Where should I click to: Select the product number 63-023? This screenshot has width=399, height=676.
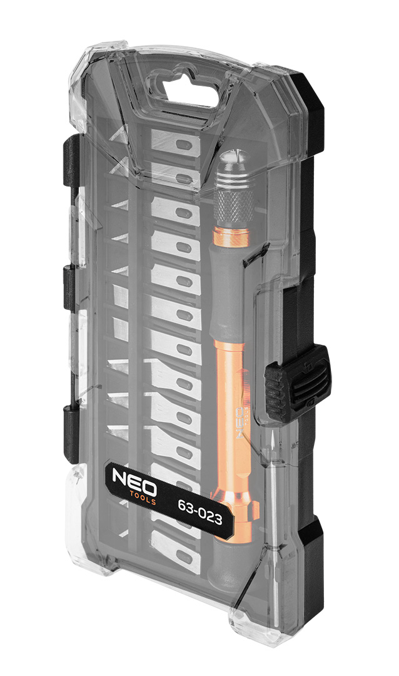200,511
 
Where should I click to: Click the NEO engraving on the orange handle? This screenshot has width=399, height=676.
242,421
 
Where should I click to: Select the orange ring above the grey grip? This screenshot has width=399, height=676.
231,236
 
